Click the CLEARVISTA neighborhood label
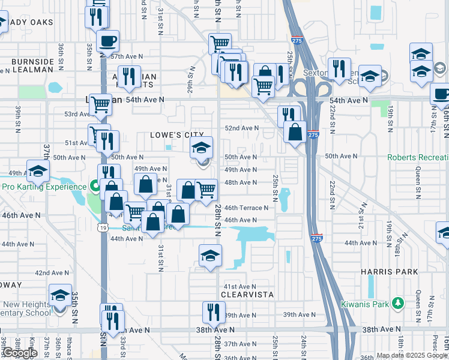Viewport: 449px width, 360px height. coord(239,295)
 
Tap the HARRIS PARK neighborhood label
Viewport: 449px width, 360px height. coord(389,272)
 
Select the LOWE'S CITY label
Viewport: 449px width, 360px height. coord(177,136)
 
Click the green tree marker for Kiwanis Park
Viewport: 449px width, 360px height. coord(397,304)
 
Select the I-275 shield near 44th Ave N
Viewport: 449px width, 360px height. coord(318,238)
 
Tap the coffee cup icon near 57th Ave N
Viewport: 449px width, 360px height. coord(108,42)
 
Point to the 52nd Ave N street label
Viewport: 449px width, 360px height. coord(241,128)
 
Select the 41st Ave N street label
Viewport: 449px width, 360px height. coord(240,287)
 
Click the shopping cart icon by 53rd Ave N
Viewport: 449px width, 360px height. coord(101,105)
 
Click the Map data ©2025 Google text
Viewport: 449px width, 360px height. coord(412,355)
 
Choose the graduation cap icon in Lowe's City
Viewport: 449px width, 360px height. coord(202,148)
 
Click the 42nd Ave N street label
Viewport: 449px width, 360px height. coord(51,272)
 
